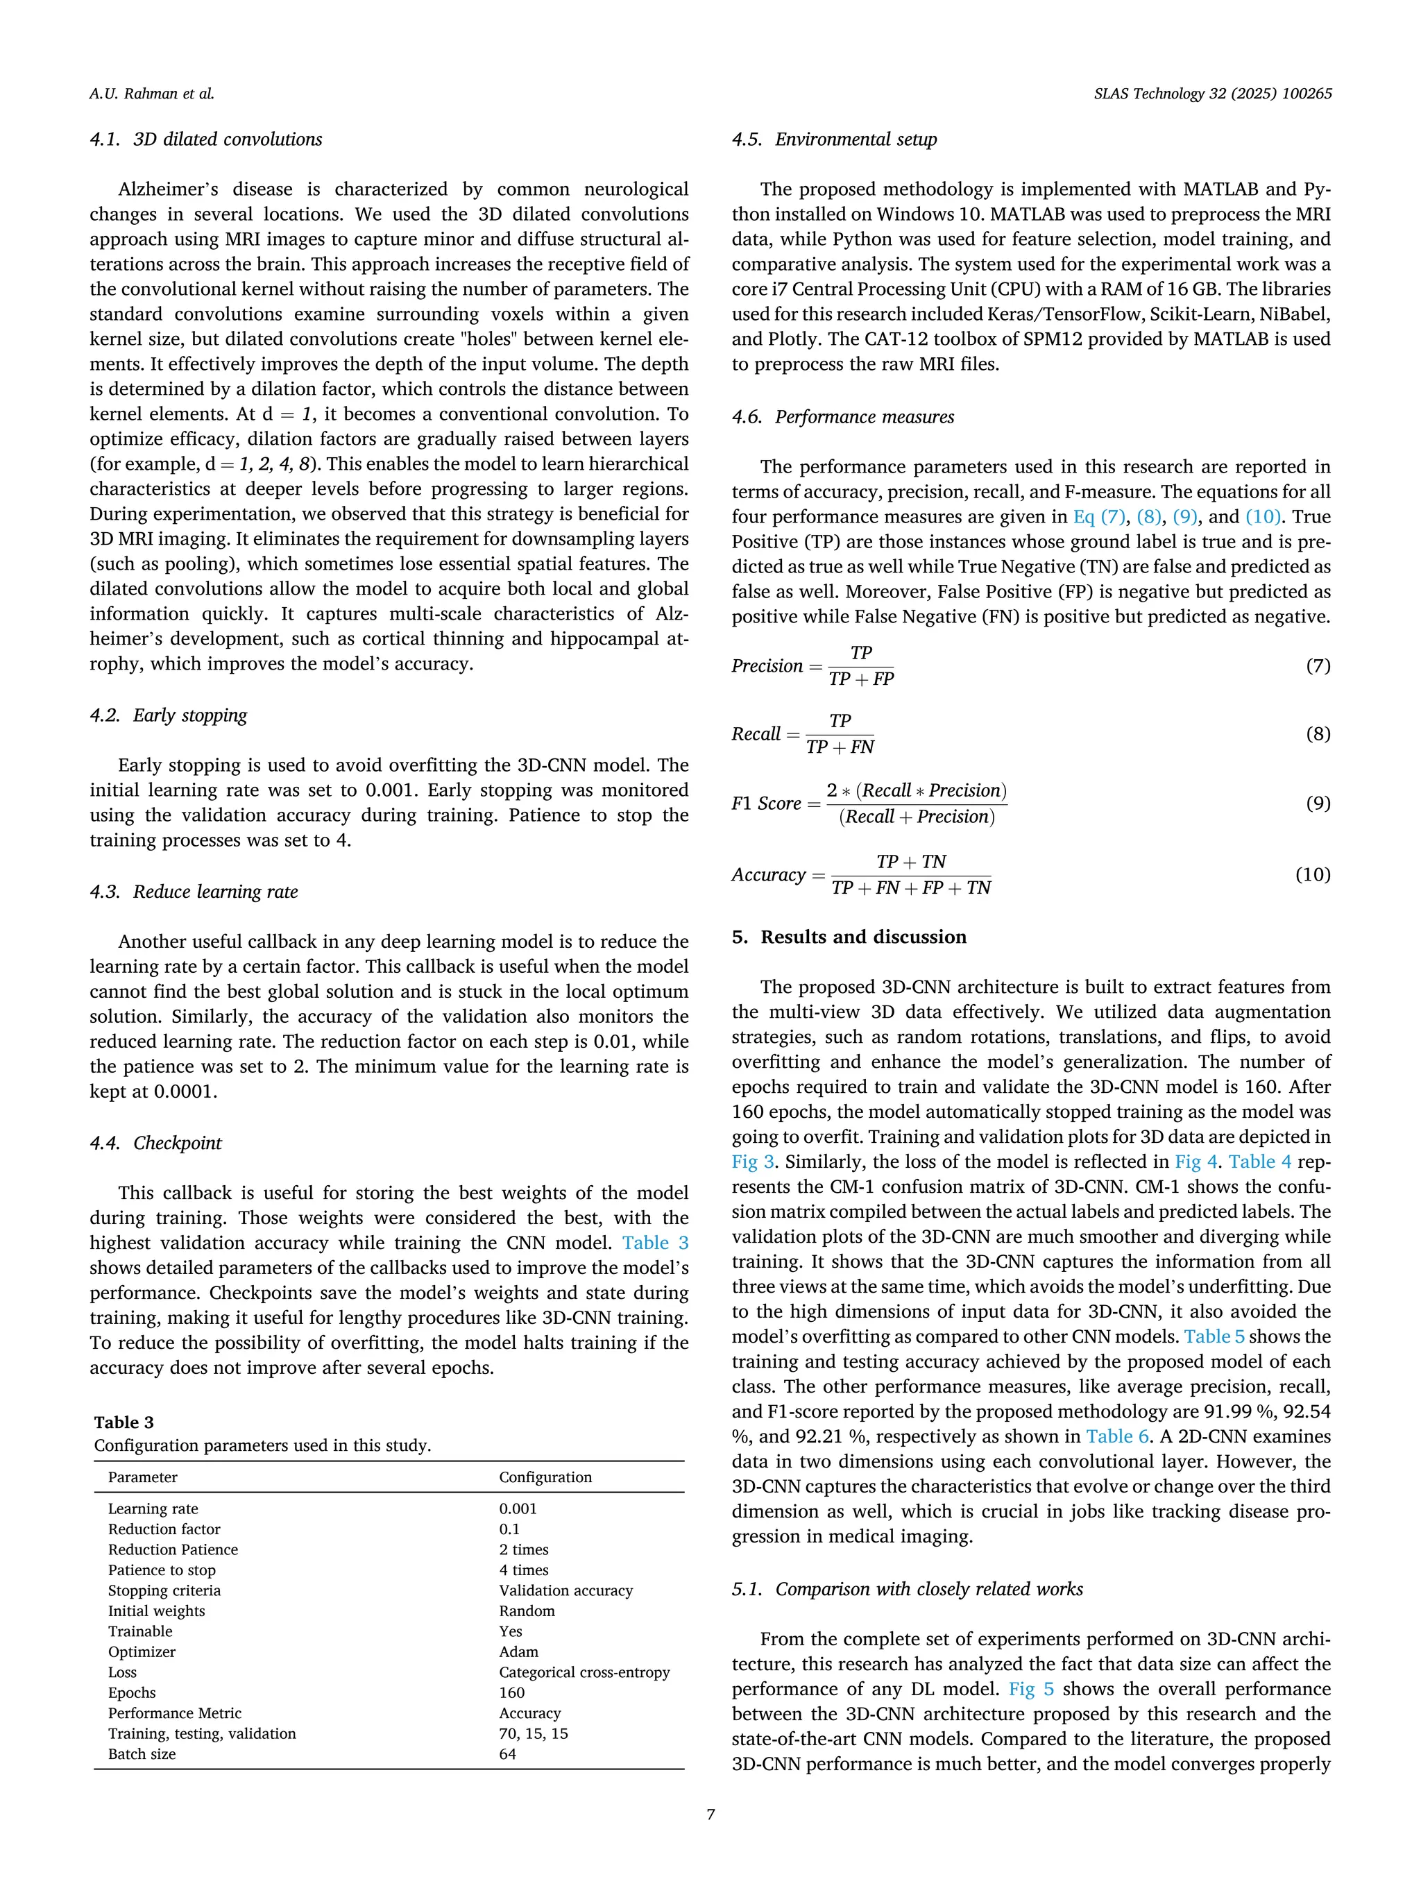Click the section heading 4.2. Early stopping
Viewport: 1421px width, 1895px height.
[169, 715]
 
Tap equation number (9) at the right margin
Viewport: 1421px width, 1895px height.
[1318, 803]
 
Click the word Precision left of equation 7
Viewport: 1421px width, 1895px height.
[767, 665]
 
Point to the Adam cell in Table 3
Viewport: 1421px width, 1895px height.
[518, 1651]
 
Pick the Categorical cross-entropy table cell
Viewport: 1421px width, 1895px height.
[584, 1672]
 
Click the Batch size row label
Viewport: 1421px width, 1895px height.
[142, 1753]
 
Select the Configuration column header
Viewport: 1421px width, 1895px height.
[545, 1477]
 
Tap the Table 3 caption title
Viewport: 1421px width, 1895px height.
[124, 1422]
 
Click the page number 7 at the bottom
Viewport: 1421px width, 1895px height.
[710, 1814]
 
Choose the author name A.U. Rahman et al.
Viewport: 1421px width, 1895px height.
[152, 94]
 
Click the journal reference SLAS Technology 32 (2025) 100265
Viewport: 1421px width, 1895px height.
[1212, 94]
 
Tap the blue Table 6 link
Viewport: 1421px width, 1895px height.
[1117, 1436]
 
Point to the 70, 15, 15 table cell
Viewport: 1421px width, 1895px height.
[533, 1733]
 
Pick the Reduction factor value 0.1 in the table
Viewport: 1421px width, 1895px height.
[509, 1529]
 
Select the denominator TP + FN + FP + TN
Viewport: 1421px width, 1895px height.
[910, 888]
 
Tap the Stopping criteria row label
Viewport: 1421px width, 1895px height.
[164, 1590]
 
